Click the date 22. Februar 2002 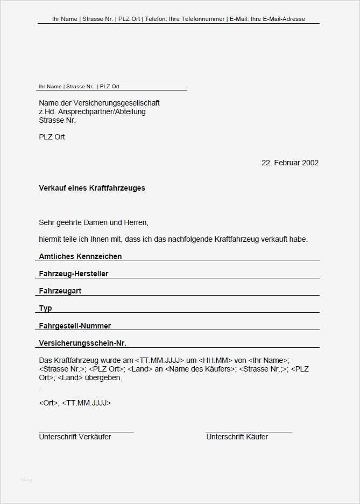290,163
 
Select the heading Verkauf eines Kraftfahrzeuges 92,188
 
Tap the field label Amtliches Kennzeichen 80,256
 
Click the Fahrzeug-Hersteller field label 74,274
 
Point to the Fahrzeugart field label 60,291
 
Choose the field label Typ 46,308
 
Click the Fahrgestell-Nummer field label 75,325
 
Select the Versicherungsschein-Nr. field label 82,342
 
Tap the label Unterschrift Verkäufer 75,437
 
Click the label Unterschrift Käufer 237,437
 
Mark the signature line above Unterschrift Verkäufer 86,432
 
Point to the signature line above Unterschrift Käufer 249,432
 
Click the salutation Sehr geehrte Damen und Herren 93,222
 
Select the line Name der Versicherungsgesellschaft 99,103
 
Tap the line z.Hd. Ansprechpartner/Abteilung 92,111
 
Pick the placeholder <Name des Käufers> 201,369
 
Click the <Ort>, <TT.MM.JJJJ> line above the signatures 75,402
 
